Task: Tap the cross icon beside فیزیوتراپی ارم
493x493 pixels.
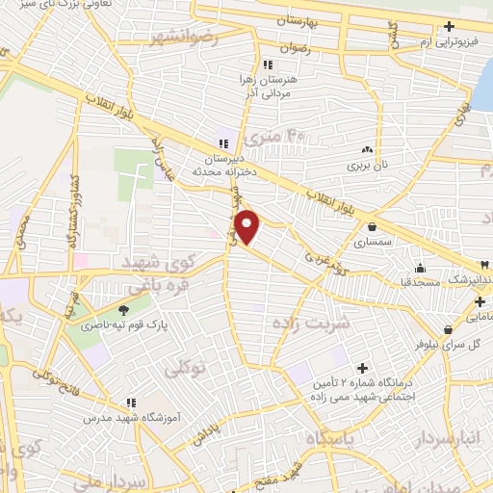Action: click(448, 28)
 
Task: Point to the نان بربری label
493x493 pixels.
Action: click(367, 165)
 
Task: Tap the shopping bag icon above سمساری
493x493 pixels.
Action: click(373, 227)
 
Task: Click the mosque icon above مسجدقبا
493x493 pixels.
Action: click(421, 268)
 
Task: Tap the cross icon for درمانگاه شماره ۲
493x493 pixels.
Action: click(362, 368)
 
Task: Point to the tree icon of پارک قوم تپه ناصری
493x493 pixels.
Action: click(122, 310)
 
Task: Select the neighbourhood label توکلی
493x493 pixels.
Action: click(188, 368)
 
